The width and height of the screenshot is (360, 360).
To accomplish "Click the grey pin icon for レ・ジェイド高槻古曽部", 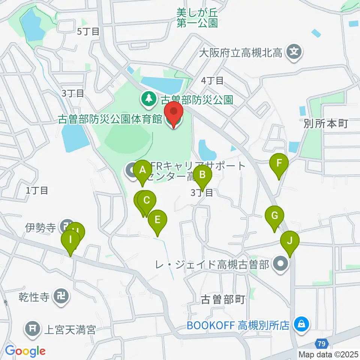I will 280,264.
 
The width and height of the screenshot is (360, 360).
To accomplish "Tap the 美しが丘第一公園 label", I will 197,18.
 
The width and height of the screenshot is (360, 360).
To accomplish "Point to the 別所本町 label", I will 326,123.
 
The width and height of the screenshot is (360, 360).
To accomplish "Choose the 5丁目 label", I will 88,31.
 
